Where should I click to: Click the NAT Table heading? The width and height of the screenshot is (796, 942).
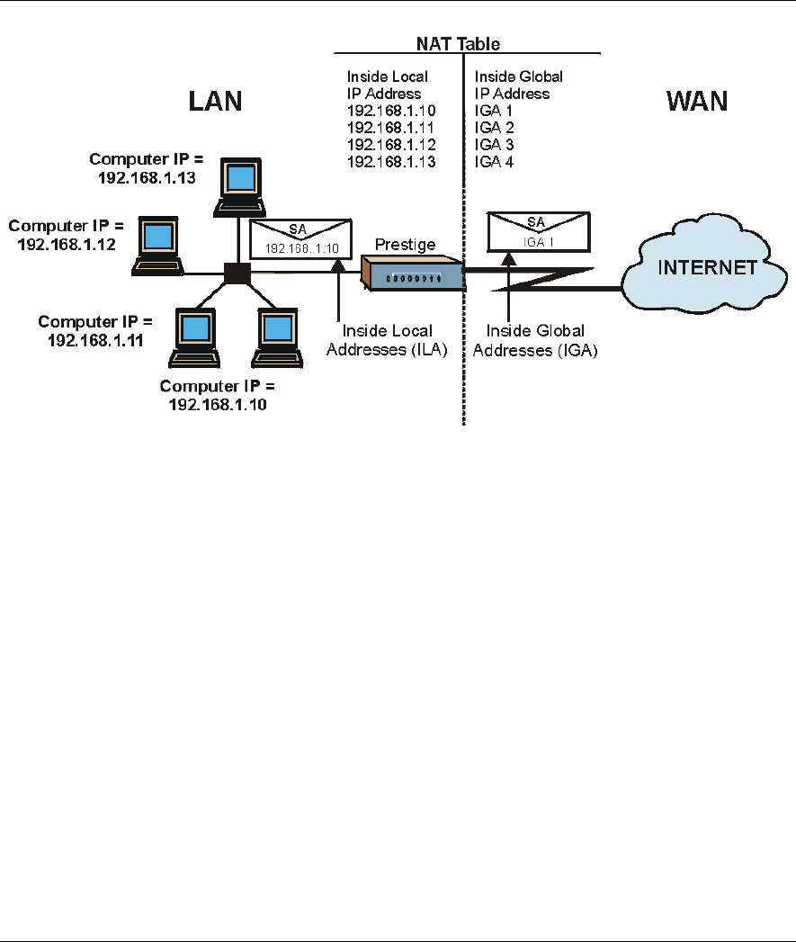tap(458, 44)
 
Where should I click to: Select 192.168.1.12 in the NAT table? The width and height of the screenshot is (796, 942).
tap(391, 145)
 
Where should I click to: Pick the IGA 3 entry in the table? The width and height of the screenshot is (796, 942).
tap(494, 145)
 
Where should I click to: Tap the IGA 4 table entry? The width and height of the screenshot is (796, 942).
tap(494, 162)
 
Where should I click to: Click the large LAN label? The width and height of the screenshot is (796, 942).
tap(215, 101)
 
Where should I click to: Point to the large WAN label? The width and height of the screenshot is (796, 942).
tap(697, 101)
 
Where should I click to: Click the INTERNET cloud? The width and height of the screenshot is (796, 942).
tap(704, 264)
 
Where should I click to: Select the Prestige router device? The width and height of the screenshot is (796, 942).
tap(412, 274)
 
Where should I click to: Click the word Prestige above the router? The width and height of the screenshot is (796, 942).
tap(405, 245)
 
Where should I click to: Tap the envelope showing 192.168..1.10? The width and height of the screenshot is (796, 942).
tap(300, 239)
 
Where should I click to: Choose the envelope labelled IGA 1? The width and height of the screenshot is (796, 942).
tap(538, 232)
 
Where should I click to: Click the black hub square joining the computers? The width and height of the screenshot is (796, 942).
tap(237, 274)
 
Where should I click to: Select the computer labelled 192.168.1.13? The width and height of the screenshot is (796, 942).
tap(240, 187)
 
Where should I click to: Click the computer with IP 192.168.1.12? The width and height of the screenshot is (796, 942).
tap(158, 246)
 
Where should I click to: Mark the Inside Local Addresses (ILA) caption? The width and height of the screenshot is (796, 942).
tap(387, 340)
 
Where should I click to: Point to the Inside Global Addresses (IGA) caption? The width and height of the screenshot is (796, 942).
tap(535, 340)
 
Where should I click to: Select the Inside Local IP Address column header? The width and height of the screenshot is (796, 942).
tap(387, 85)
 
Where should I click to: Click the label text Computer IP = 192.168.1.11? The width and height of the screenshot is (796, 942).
tap(95, 331)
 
